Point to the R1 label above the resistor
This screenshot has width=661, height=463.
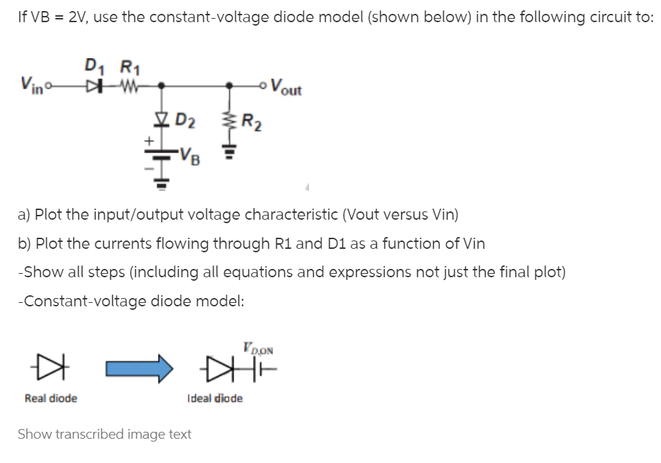[128, 67]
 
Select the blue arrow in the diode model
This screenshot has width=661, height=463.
[139, 368]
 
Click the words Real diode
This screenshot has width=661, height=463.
[51, 399]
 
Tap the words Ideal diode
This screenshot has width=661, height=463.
[215, 399]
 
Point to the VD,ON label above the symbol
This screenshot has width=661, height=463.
[258, 349]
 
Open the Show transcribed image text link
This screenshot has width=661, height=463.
[104, 435]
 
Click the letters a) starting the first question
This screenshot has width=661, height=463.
[23, 215]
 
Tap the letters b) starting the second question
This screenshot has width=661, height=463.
[23, 244]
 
